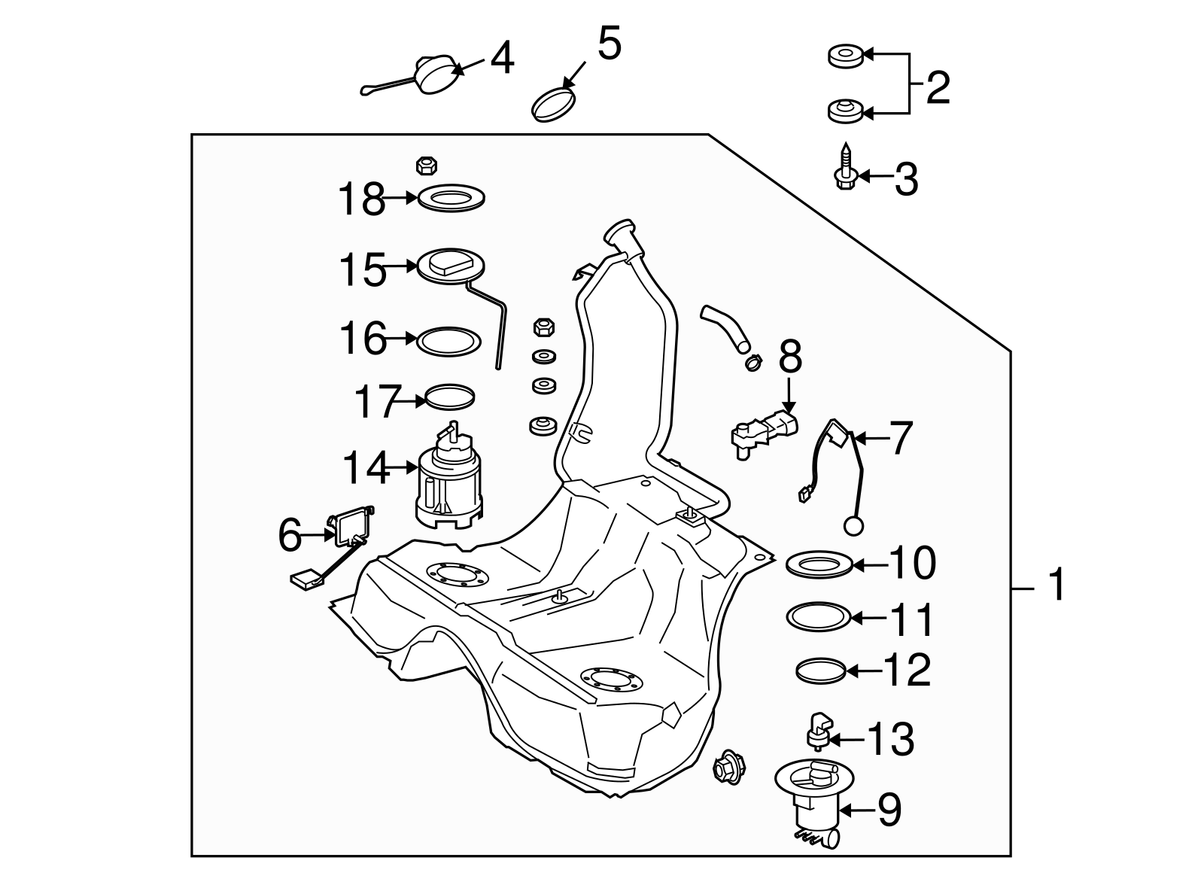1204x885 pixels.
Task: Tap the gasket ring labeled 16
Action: pyautogui.click(x=448, y=341)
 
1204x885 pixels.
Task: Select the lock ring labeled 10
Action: pyautogui.click(x=819, y=563)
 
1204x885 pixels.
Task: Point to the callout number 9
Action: pyautogui.click(x=888, y=810)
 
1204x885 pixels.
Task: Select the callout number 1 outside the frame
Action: pyautogui.click(x=1057, y=585)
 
